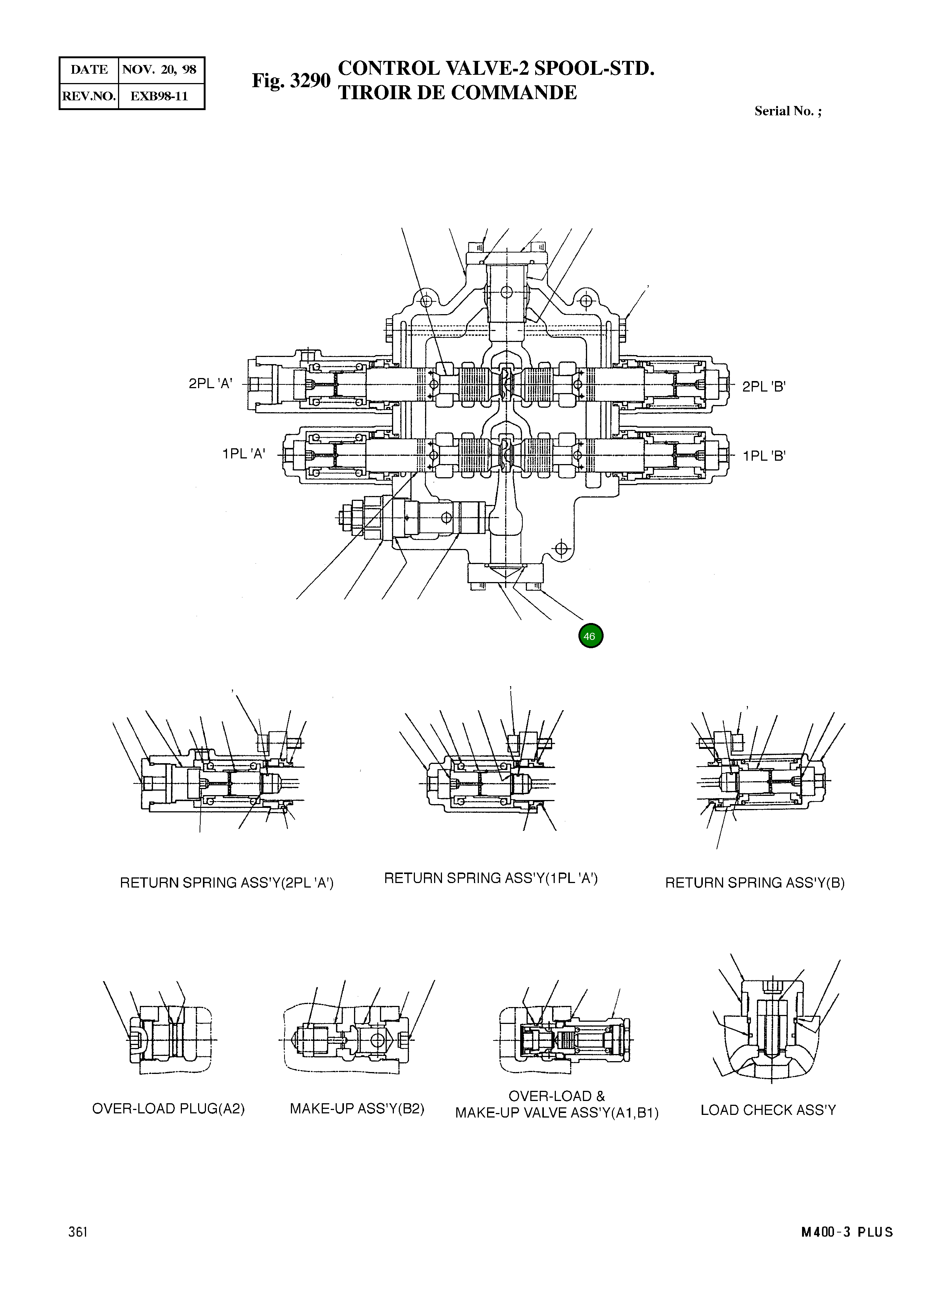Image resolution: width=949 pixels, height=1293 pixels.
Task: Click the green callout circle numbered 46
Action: [x=590, y=636]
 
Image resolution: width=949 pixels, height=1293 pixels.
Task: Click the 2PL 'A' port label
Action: [x=210, y=384]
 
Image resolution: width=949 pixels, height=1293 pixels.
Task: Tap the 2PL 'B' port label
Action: [x=763, y=387]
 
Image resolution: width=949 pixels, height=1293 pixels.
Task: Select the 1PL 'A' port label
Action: [x=244, y=454]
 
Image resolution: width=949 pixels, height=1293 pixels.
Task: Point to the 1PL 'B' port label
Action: [x=763, y=456]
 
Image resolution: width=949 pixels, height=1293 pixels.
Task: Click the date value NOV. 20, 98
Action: [x=160, y=70]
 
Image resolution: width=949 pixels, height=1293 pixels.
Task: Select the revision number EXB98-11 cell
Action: [x=160, y=96]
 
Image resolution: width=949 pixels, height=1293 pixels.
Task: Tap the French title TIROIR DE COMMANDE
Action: [x=457, y=92]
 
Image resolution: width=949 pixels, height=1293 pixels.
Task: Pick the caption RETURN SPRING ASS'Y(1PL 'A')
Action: [x=490, y=878]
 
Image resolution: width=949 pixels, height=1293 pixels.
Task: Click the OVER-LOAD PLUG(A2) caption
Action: [x=168, y=1109]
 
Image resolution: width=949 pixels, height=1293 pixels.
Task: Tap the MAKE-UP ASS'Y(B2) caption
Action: [x=357, y=1109]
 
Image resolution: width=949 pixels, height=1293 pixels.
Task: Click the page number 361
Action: [x=77, y=1231]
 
